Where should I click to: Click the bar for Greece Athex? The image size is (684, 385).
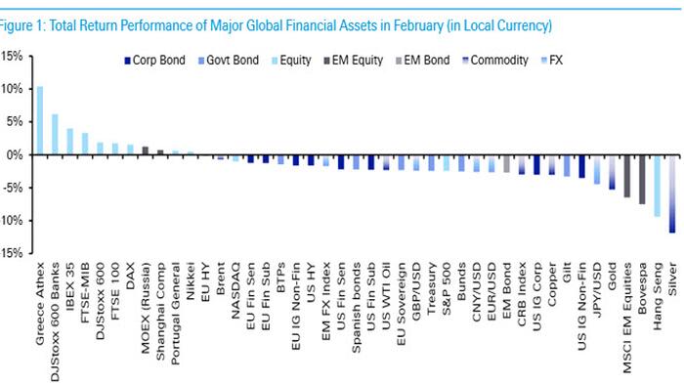click(x=39, y=120)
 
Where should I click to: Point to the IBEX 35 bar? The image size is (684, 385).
click(x=69, y=142)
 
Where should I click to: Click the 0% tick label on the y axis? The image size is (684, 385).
click(x=14, y=154)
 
